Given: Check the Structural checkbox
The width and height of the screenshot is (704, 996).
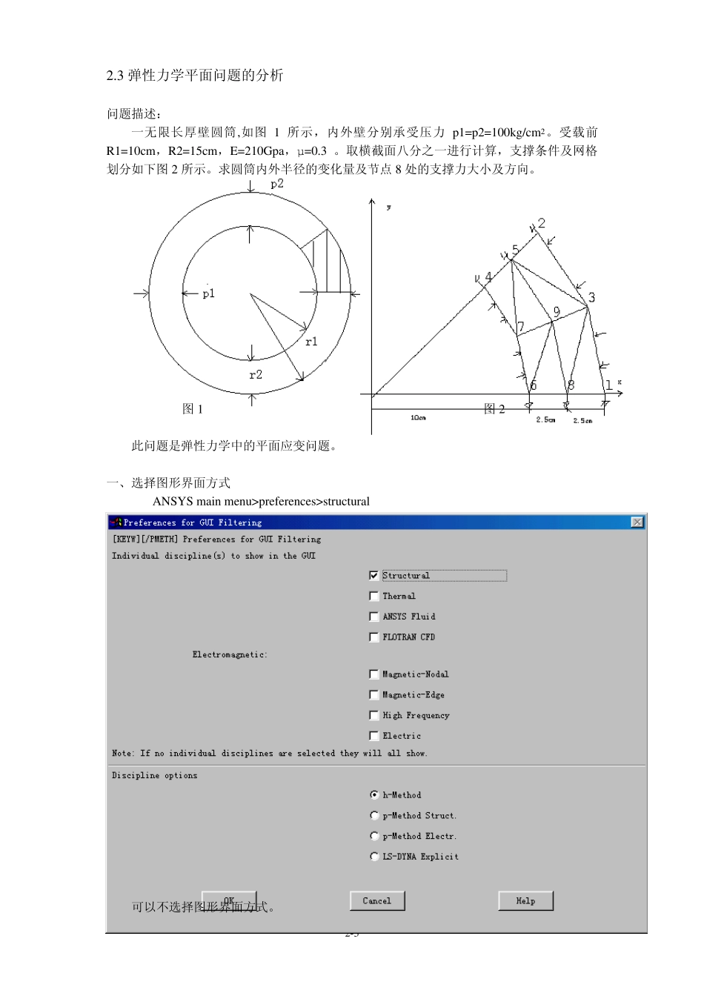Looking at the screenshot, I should pos(373,576).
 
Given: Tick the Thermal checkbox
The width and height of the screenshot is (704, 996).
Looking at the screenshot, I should pos(373,596).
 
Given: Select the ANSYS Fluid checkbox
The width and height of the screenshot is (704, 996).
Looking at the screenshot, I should pos(373,617).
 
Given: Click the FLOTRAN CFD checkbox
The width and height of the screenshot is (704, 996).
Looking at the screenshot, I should pos(373,637).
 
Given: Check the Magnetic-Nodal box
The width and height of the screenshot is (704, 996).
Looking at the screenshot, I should pos(373,674).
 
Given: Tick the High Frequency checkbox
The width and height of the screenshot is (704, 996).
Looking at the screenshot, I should pos(373,715).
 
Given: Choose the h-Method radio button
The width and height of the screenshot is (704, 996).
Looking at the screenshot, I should pos(374,795).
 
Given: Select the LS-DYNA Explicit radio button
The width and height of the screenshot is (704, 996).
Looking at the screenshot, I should pos(374,857).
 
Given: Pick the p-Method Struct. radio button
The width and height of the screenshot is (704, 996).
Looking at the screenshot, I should pos(374,816).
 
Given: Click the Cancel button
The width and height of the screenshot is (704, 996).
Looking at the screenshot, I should pos(376,901).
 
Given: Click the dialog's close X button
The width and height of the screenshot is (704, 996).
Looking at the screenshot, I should pos(637,522).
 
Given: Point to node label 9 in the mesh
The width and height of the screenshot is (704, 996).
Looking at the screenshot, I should pos(557,312).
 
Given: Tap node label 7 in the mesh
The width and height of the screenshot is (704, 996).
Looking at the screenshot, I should pos(521,327).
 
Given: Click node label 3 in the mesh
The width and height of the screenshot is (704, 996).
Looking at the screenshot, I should pos(591,298).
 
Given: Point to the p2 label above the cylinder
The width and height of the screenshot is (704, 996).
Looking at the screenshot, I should pos(276,184).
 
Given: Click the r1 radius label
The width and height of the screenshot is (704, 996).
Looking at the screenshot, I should pos(311,342).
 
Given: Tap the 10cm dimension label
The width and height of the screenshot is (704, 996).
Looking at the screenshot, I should pos(418,419).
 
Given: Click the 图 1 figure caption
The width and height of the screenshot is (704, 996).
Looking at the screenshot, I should pos(193,409).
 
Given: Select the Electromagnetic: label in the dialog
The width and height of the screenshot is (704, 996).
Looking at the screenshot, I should pos(230,655).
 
